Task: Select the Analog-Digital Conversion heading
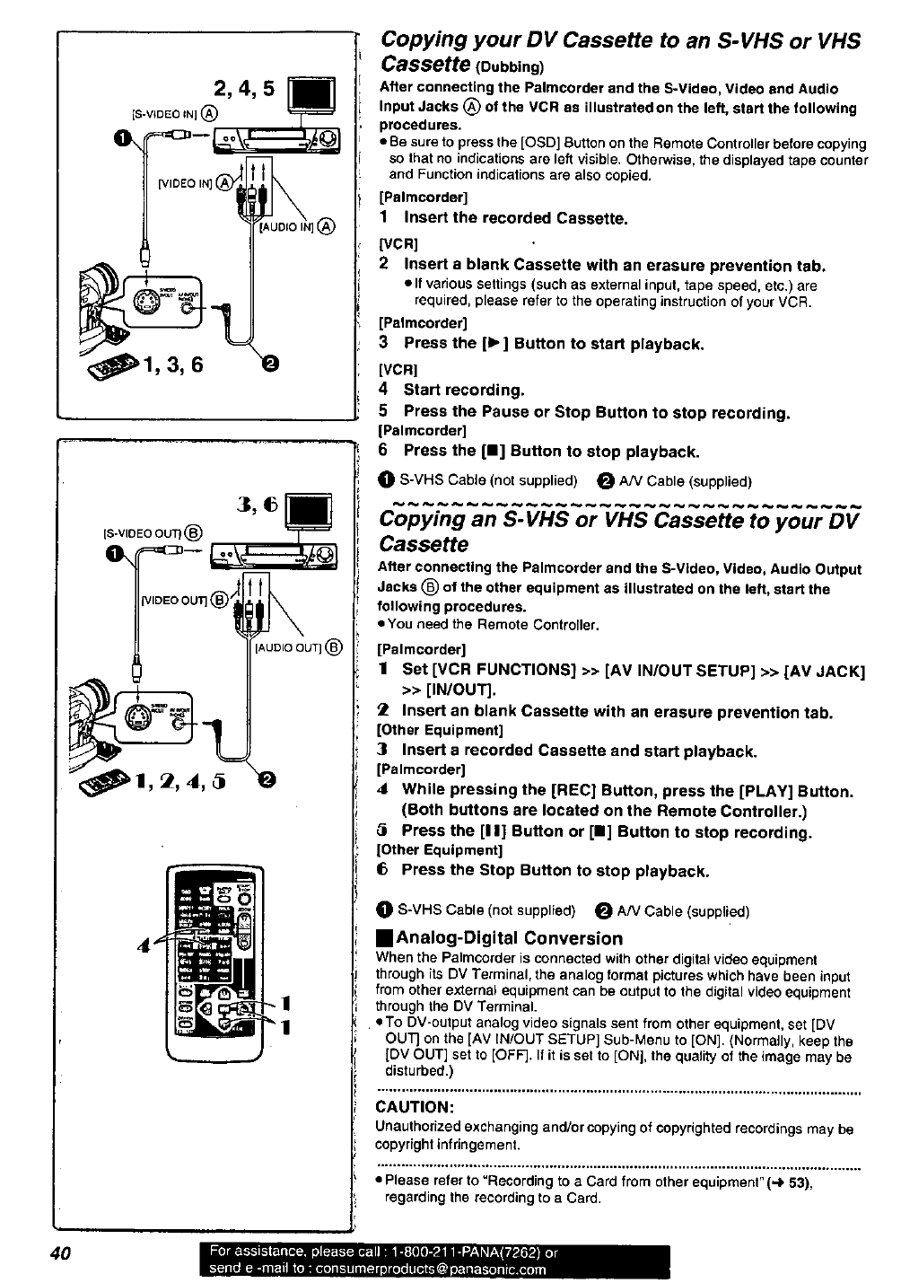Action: click(x=500, y=938)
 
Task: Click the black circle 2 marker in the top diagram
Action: click(x=267, y=364)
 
